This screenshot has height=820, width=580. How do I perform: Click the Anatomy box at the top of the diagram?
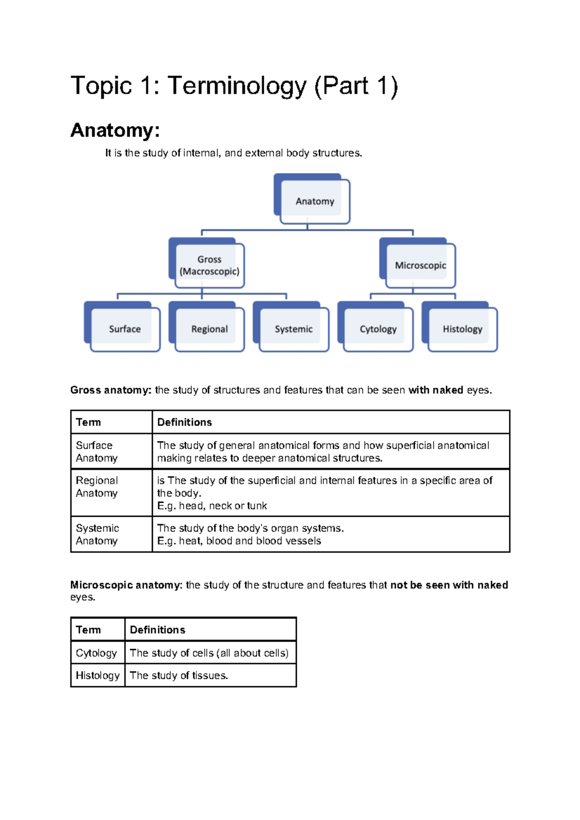[x=314, y=201]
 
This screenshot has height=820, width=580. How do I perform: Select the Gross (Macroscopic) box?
[x=209, y=265]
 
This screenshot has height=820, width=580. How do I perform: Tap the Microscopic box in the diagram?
[x=420, y=265]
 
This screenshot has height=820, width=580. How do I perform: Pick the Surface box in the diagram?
[x=124, y=329]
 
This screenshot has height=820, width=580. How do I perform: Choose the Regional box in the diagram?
[x=209, y=329]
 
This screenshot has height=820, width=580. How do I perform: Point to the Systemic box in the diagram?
[x=293, y=329]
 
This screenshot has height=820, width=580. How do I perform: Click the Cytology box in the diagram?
[x=378, y=329]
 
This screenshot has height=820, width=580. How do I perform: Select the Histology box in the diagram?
[x=462, y=329]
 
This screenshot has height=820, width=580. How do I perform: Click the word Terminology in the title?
[x=237, y=86]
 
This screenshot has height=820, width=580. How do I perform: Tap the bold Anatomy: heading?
[x=115, y=130]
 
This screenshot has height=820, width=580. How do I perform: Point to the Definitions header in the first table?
[x=185, y=422]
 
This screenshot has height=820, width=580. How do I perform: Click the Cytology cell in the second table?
[x=96, y=653]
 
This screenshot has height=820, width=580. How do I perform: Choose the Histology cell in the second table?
[x=97, y=676]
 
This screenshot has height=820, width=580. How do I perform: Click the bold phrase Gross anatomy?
[x=111, y=390]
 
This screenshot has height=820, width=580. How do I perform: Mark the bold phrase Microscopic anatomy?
[x=126, y=585]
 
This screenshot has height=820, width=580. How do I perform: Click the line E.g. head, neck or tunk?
[x=212, y=506]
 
